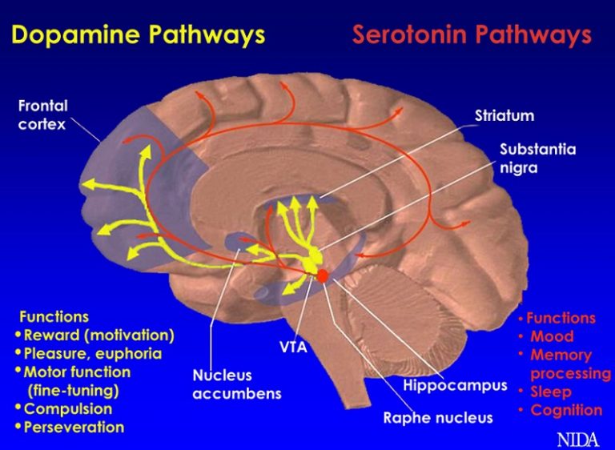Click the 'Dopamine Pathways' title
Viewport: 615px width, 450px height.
[x=139, y=34]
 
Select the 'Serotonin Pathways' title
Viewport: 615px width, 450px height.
[x=472, y=35]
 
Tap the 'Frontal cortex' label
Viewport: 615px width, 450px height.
[x=43, y=115]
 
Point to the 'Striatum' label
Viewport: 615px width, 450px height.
[x=504, y=116]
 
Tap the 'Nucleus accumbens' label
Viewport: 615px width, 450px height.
[x=236, y=384]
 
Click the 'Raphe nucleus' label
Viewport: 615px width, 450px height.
[x=437, y=417]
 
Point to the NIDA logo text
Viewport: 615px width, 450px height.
[x=577, y=438]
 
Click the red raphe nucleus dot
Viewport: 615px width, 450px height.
[x=323, y=276]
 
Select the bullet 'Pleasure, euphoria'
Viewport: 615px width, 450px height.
[x=93, y=353]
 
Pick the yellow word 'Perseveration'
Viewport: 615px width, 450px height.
[x=74, y=427]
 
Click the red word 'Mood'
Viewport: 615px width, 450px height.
[x=552, y=336]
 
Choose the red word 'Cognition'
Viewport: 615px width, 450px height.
[x=566, y=410]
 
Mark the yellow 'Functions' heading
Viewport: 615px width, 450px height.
[x=54, y=317]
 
